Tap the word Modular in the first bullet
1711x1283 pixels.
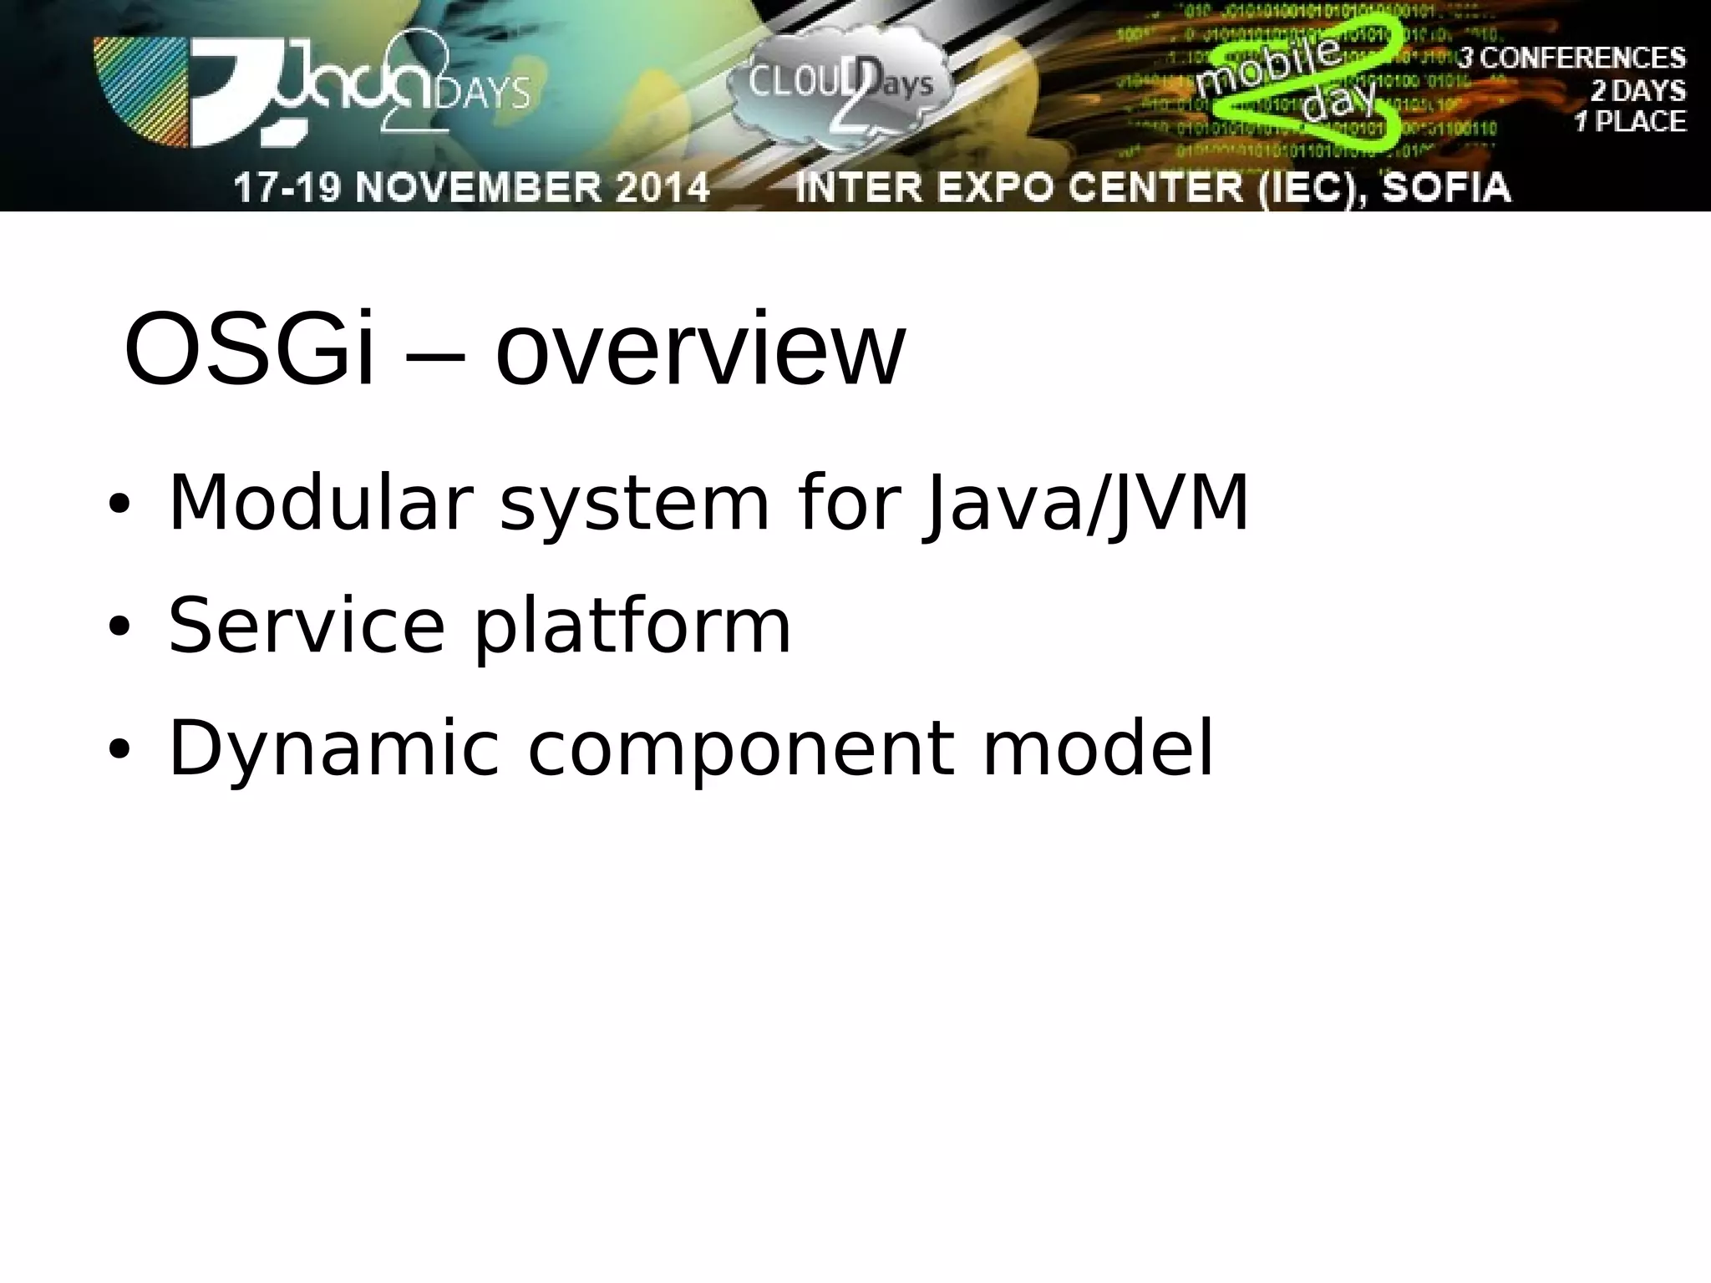pos(317,503)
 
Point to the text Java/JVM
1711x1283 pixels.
pos(1085,505)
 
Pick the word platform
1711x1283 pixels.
pos(632,628)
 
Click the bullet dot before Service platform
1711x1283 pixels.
pos(119,628)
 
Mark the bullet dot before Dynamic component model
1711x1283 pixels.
pos(119,751)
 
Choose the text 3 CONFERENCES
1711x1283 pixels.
pos(1571,58)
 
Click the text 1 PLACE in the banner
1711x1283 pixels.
pos(1630,122)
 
